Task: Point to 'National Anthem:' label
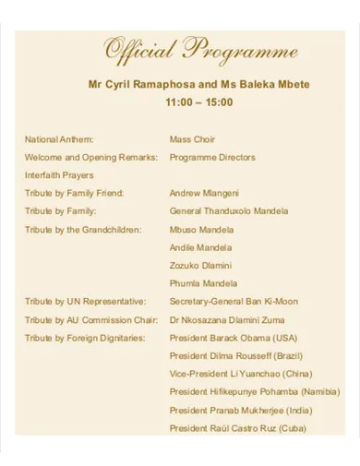(x=58, y=139)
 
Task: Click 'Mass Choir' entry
(x=192, y=139)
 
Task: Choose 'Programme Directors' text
(x=212, y=157)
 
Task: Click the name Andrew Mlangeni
(x=204, y=193)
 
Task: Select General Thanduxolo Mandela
(x=229, y=211)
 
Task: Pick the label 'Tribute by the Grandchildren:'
(x=83, y=229)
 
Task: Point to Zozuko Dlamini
(x=200, y=265)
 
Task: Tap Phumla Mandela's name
(x=203, y=283)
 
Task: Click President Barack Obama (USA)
(x=234, y=338)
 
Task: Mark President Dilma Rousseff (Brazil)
(x=237, y=355)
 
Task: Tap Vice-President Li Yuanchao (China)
(x=241, y=374)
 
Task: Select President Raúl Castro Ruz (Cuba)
(x=238, y=428)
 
